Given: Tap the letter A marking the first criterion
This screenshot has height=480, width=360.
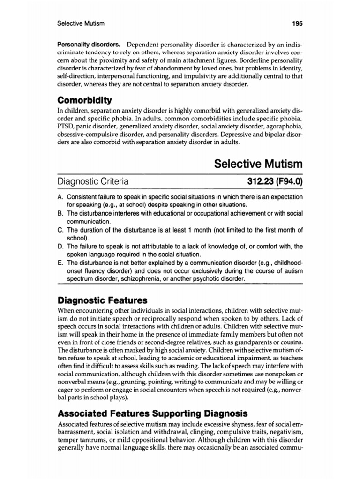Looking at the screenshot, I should coord(60,196).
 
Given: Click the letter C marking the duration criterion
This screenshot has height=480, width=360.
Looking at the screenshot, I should coord(60,230).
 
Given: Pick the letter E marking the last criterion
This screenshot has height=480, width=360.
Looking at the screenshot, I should coord(60,262).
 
